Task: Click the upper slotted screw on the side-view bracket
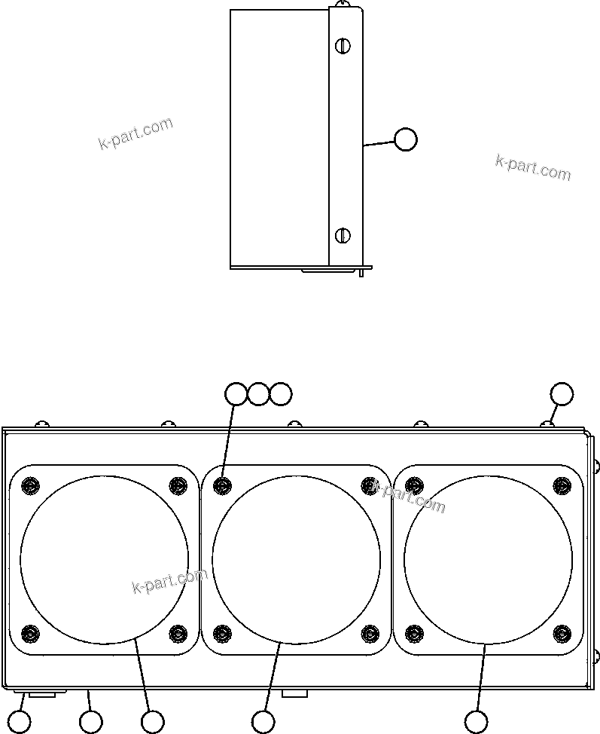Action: coord(343,46)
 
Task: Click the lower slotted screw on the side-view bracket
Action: coord(343,235)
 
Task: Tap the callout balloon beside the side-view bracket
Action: coord(405,139)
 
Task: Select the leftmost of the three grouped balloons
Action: coord(236,393)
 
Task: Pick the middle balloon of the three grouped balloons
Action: coord(258,393)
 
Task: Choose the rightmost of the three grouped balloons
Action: coord(280,393)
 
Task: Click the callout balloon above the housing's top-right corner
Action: coord(562,393)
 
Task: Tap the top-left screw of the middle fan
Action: coord(222,485)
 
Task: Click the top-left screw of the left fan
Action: coord(30,485)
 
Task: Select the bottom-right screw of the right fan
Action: coord(562,633)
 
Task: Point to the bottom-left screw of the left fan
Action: coord(30,633)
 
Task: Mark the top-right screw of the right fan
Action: coord(562,485)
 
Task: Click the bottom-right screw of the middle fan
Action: coord(370,633)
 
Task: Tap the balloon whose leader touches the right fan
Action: coord(475,722)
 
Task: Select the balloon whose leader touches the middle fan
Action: coord(263,722)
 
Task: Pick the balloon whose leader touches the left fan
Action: coord(152,722)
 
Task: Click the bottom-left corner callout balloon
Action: coord(20,722)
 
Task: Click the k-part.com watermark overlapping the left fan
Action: coord(169,581)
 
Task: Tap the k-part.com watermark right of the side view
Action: coord(533,168)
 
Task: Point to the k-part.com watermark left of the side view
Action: coord(136,133)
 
